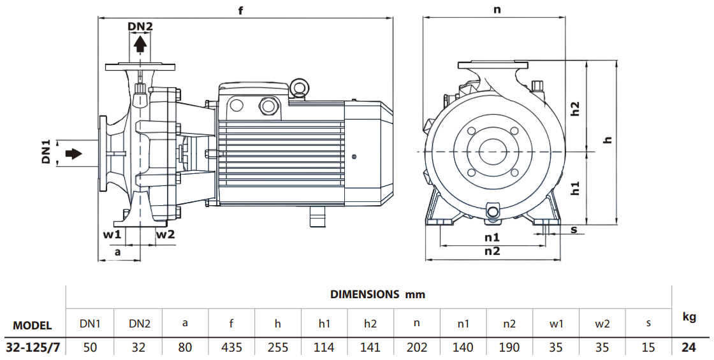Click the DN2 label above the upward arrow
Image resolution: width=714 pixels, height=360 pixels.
tap(140, 26)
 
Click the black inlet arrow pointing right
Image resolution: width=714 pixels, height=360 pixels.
tap(74, 154)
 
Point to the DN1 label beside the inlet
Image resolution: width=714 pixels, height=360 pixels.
tap(46, 153)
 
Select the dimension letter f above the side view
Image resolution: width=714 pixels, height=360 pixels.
tap(241, 11)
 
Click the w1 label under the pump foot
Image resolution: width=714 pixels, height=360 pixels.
tap(112, 234)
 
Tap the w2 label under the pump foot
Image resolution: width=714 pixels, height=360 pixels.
tap(166, 234)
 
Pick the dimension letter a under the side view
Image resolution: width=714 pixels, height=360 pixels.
tap(117, 252)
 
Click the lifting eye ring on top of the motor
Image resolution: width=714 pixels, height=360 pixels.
tap(298, 86)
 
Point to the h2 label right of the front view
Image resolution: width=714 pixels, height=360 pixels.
tap(575, 108)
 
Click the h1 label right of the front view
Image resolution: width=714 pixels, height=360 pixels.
tap(575, 188)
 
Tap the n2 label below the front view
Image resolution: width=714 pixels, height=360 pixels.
tap(492, 251)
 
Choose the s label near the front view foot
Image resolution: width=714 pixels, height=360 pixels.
tap(574, 229)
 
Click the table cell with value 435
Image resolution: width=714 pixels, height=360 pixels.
tap(231, 348)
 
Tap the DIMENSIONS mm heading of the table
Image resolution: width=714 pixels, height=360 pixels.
tap(377, 294)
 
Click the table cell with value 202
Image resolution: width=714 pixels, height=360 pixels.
tap(416, 348)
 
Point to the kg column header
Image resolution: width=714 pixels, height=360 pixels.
tap(690, 317)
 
